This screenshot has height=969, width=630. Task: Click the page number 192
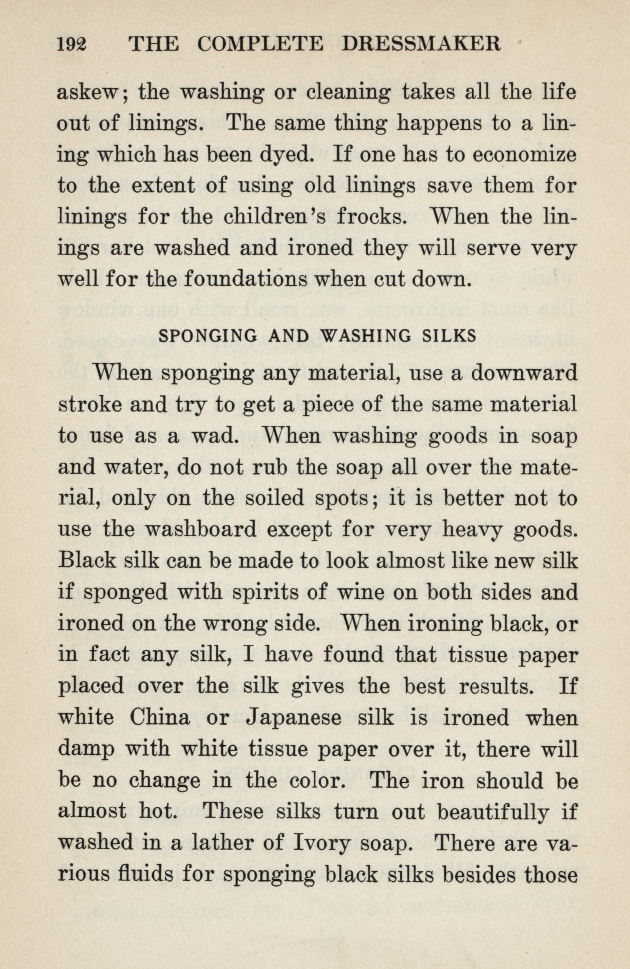click(72, 45)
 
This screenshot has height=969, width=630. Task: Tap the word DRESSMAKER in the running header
click(421, 45)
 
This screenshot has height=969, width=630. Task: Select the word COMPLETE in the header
click(260, 45)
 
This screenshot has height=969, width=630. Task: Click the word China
click(160, 718)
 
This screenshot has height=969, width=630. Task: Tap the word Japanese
click(295, 718)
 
